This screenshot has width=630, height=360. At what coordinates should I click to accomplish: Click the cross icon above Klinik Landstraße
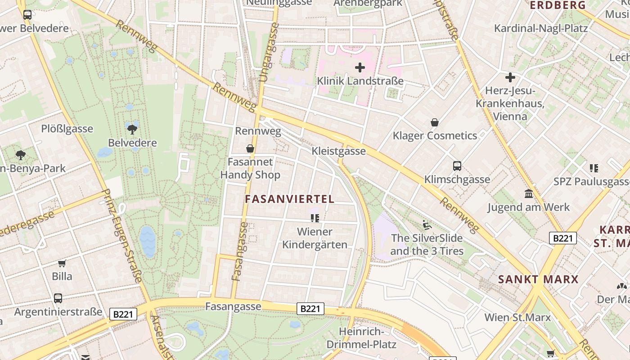pos(360,68)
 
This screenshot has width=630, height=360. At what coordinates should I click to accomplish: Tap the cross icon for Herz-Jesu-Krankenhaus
pos(510,77)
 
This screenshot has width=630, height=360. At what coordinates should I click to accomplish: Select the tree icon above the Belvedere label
pos(132,130)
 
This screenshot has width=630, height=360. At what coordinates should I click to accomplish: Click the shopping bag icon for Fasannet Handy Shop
pos(250,148)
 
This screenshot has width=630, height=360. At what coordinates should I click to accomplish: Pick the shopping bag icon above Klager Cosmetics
pos(435,122)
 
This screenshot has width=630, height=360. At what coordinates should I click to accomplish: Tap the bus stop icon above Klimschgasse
pos(457,166)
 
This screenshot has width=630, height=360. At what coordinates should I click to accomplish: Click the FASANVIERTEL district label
pos(290,199)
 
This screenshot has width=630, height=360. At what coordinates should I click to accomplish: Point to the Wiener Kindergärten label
pos(315,238)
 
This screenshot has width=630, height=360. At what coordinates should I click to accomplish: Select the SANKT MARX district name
pos(538,279)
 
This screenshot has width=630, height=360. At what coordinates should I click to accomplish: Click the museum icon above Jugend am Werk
pos(529,194)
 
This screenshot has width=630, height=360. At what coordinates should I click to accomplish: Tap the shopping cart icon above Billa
pos(62,263)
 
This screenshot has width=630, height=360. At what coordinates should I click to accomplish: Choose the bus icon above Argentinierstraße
pos(58,298)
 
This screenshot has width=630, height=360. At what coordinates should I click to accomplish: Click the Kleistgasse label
pos(339,151)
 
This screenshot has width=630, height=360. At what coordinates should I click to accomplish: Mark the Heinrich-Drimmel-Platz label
pos(361,338)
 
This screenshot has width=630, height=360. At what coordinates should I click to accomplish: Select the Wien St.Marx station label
pos(517,317)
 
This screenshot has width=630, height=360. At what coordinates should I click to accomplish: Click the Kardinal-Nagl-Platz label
pos(541,28)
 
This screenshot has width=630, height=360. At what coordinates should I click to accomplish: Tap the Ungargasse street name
pos(270,53)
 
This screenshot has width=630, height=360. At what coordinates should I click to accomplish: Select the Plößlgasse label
pos(67,129)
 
